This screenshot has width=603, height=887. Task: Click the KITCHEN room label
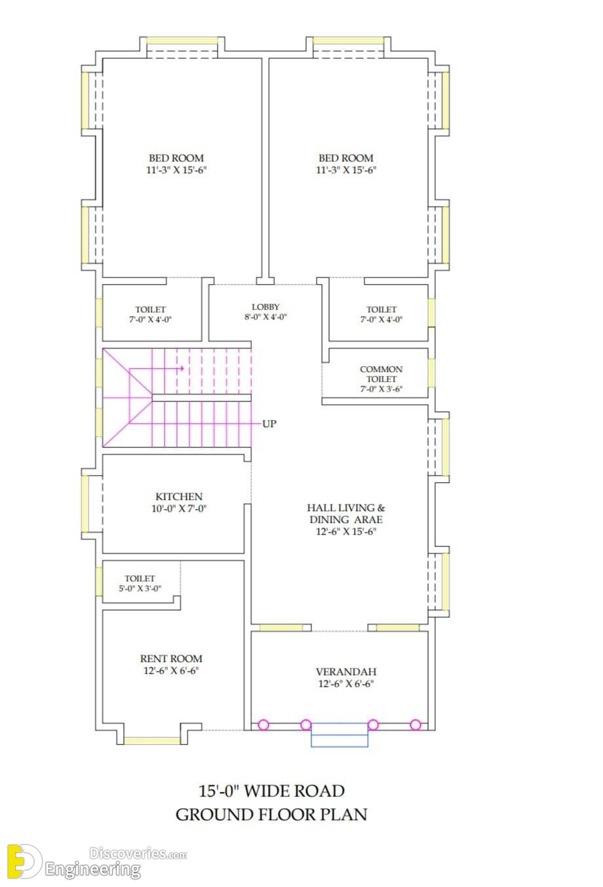click(179, 497)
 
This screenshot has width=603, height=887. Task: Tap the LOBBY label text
click(265, 307)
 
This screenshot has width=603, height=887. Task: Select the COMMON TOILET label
click(381, 374)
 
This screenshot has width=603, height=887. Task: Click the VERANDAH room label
click(346, 672)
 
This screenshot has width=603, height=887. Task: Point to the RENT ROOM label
click(171, 659)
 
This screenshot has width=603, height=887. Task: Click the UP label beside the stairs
click(269, 424)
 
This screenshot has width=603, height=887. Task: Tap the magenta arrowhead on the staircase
click(182, 368)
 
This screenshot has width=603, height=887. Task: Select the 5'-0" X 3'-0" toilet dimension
click(140, 588)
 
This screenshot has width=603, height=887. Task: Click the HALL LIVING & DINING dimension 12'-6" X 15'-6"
click(346, 531)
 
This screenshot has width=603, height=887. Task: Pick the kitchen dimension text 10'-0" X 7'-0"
click(179, 508)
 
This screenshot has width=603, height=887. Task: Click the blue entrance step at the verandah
click(340, 735)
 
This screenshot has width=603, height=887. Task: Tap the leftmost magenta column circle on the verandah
click(263, 725)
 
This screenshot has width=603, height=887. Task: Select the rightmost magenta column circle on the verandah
click(416, 725)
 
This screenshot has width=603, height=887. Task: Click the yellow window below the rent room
click(152, 741)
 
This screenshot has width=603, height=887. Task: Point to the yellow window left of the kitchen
click(85, 503)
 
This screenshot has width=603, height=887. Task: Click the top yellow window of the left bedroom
click(182, 41)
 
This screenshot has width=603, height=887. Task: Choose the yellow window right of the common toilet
click(432, 373)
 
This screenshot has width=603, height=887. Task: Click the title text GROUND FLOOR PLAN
click(271, 815)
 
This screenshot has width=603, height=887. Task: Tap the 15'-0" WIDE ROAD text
click(271, 791)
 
